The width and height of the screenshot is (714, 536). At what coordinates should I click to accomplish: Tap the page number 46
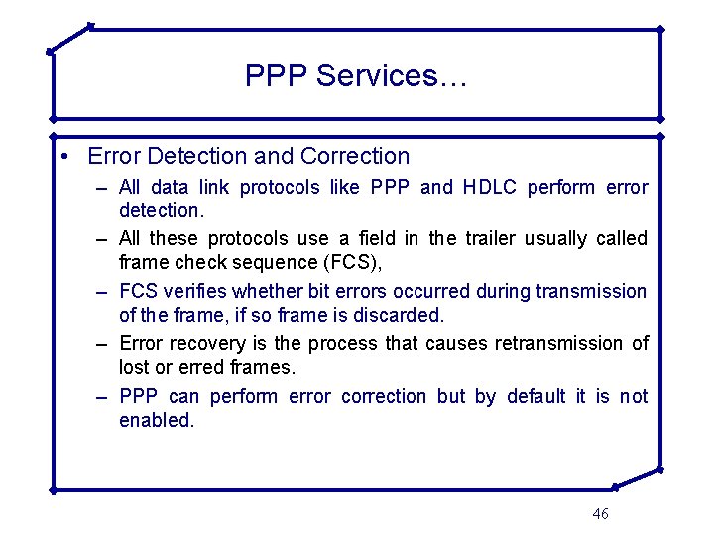[600, 513]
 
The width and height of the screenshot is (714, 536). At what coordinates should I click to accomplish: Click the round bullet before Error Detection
[63, 157]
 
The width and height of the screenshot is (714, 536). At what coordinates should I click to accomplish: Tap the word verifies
[196, 291]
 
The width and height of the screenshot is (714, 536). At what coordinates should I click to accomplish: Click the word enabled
[157, 420]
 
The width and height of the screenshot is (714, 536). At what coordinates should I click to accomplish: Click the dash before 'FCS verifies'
[102, 292]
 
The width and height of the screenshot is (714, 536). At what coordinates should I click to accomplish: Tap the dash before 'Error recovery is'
[102, 344]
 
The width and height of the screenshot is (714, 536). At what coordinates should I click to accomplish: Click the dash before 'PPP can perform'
[102, 397]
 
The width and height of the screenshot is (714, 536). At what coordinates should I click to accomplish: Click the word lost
[134, 367]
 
